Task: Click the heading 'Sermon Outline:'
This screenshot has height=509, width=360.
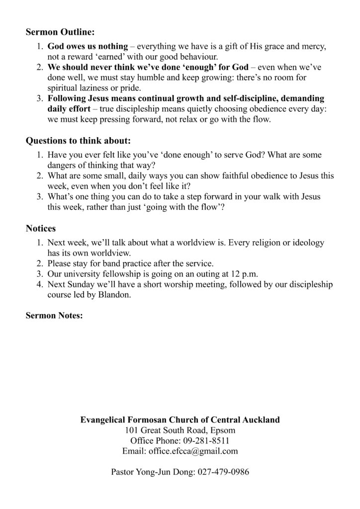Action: tap(60, 33)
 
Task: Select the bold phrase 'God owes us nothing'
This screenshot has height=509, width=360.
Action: tap(88, 47)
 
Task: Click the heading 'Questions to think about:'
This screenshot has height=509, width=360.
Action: tap(78, 141)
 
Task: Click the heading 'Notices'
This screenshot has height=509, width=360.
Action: tap(41, 229)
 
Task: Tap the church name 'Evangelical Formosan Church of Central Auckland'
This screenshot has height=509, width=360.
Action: tap(180, 420)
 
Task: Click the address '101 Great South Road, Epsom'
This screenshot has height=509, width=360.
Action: tap(180, 430)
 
